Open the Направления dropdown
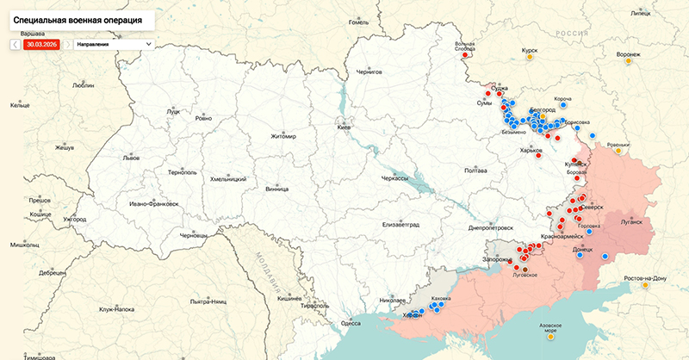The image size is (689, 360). (113, 43)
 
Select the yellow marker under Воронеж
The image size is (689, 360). (628, 62)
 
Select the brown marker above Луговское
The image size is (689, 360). (525, 268)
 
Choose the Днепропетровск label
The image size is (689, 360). (491, 228)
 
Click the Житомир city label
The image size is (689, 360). (282, 136)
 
